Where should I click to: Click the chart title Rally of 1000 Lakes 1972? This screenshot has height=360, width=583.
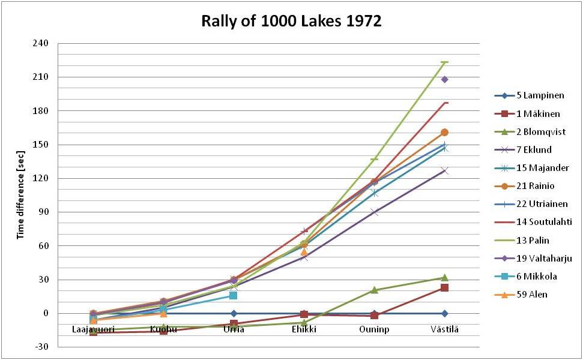(x=291, y=22)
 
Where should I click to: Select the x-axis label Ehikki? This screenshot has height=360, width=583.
(x=304, y=329)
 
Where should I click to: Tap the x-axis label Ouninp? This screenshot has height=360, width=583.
(x=374, y=329)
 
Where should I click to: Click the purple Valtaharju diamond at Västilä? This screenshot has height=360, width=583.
(x=444, y=80)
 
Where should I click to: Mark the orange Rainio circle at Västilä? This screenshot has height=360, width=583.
(x=444, y=133)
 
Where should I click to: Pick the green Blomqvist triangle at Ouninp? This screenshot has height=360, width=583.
(x=374, y=290)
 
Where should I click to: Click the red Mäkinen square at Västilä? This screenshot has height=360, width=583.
(x=444, y=287)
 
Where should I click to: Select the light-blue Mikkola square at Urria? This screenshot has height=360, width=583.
(x=234, y=295)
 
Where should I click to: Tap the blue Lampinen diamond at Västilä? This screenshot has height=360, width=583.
(x=444, y=313)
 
